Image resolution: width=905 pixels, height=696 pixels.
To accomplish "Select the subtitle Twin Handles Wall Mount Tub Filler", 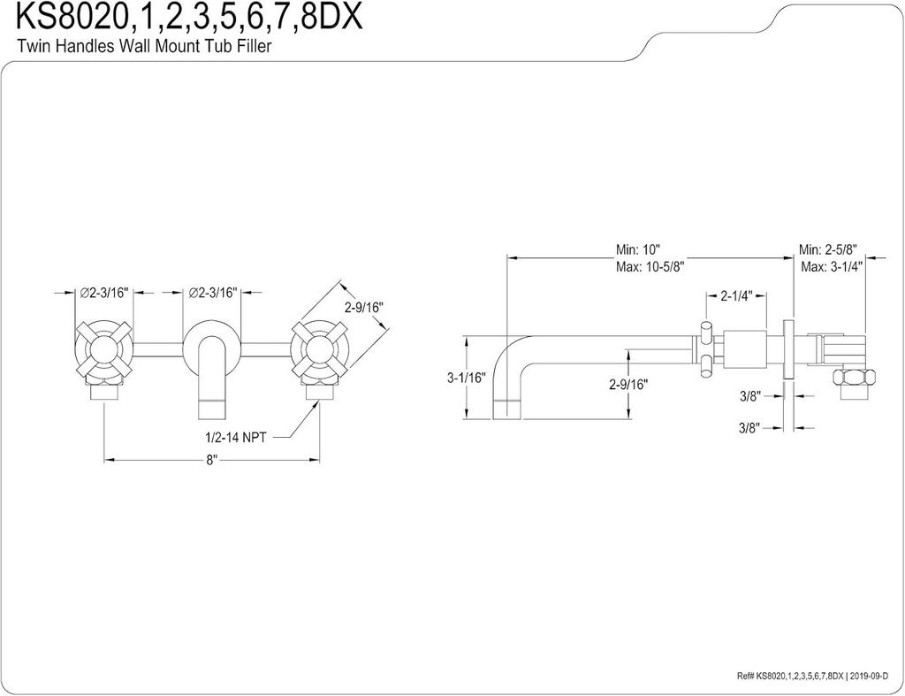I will pyautogui.click(x=144, y=48).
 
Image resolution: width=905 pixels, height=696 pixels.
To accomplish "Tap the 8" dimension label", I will pyautogui.click(x=211, y=461).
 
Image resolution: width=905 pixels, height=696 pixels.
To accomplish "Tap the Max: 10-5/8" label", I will pyautogui.click(x=650, y=266).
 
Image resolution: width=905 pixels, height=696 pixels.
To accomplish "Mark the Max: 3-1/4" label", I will pyautogui.click(x=832, y=266).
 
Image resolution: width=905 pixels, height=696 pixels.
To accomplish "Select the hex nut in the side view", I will pyautogui.click(x=853, y=378).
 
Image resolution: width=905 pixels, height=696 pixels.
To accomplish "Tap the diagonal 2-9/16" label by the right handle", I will pyautogui.click(x=362, y=307).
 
